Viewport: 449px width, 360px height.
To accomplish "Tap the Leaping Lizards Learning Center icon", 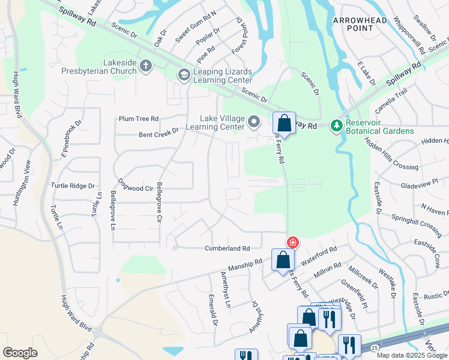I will pyautogui.click(x=184, y=75).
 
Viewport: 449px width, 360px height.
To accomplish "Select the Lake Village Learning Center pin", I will pyautogui.click(x=254, y=122).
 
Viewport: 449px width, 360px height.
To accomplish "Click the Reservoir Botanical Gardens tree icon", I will pyautogui.click(x=337, y=125).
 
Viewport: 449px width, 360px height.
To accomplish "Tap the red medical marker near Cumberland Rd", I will pyautogui.click(x=292, y=242).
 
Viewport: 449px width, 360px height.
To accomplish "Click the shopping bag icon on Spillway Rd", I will pyautogui.click(x=284, y=124).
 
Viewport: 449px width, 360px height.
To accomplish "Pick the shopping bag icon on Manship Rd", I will pyautogui.click(x=283, y=260).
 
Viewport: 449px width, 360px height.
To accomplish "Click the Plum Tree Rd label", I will pyautogui.click(x=139, y=119).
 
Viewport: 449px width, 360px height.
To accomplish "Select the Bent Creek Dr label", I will pyautogui.click(x=159, y=131).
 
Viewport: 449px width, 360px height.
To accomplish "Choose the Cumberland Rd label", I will pyautogui.click(x=227, y=248).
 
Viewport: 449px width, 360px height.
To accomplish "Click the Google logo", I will pyautogui.click(x=20, y=353).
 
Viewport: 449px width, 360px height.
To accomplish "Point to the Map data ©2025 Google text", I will pyautogui.click(x=412, y=355).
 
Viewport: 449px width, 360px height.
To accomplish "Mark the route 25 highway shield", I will pyautogui.click(x=374, y=348).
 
